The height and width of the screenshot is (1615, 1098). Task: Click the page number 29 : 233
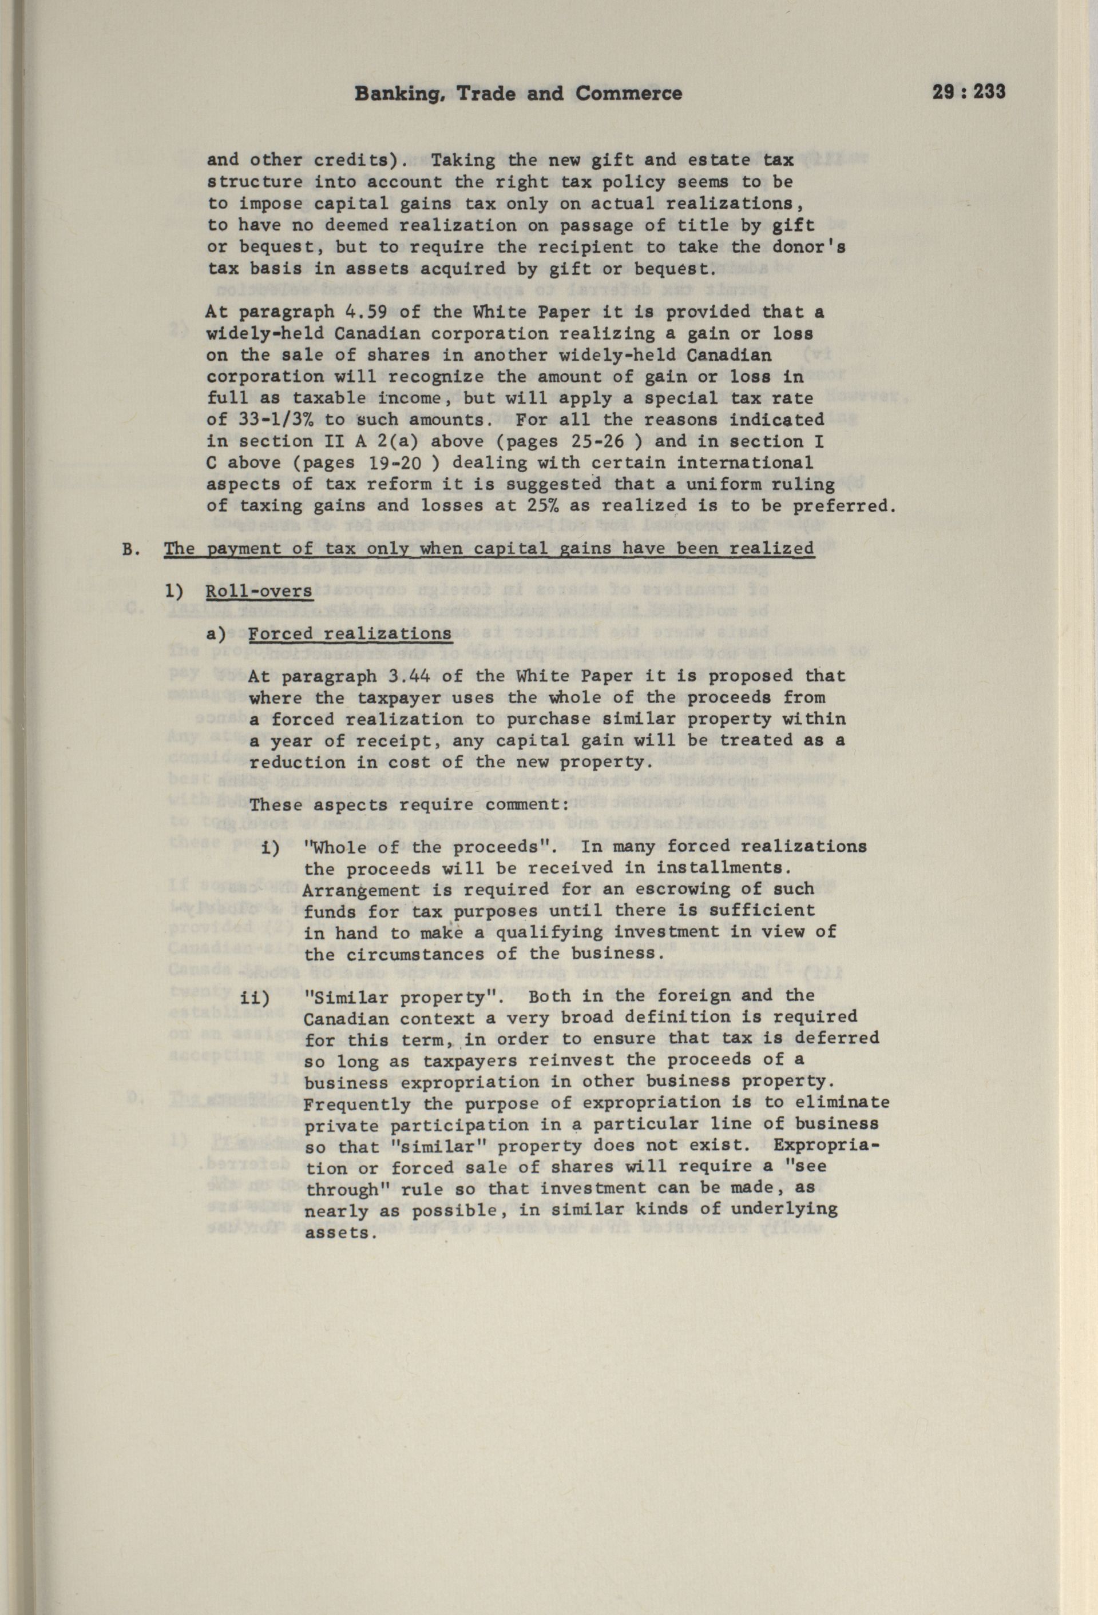pos(968,93)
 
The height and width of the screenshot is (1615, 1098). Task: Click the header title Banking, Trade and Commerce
pos(518,94)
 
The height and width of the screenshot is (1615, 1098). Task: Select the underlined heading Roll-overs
pos(259,591)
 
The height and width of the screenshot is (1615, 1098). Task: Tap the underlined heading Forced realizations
pos(350,634)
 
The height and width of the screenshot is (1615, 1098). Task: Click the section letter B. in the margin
pos(130,549)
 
